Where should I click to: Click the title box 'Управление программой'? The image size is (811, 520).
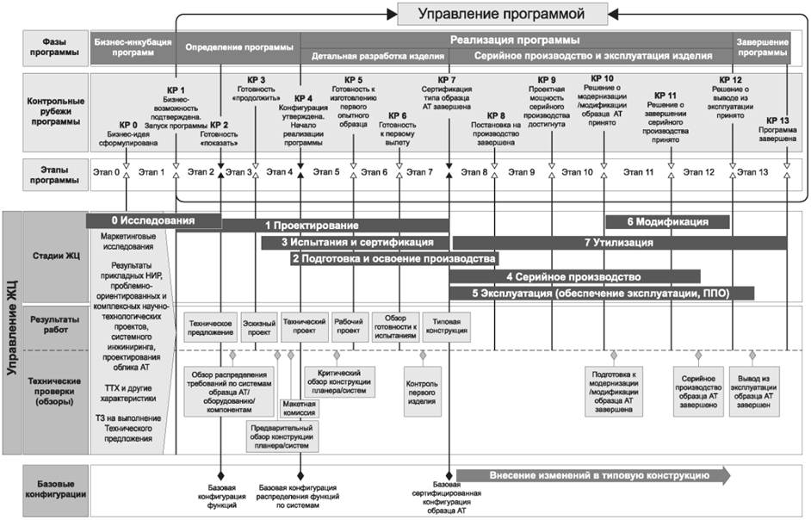(501, 14)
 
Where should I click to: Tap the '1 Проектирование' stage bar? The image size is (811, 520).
(336, 226)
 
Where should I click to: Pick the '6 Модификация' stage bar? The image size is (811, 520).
(668, 221)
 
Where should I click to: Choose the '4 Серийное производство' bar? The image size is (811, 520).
(573, 277)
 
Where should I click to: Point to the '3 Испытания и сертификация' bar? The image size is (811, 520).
(355, 243)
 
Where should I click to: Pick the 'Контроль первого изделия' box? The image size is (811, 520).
(422, 391)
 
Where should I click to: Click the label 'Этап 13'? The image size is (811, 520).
(752, 172)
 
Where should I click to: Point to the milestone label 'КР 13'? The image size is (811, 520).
(777, 121)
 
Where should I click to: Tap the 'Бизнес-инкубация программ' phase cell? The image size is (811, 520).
(133, 46)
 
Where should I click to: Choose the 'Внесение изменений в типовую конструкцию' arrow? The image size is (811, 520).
(592, 475)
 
